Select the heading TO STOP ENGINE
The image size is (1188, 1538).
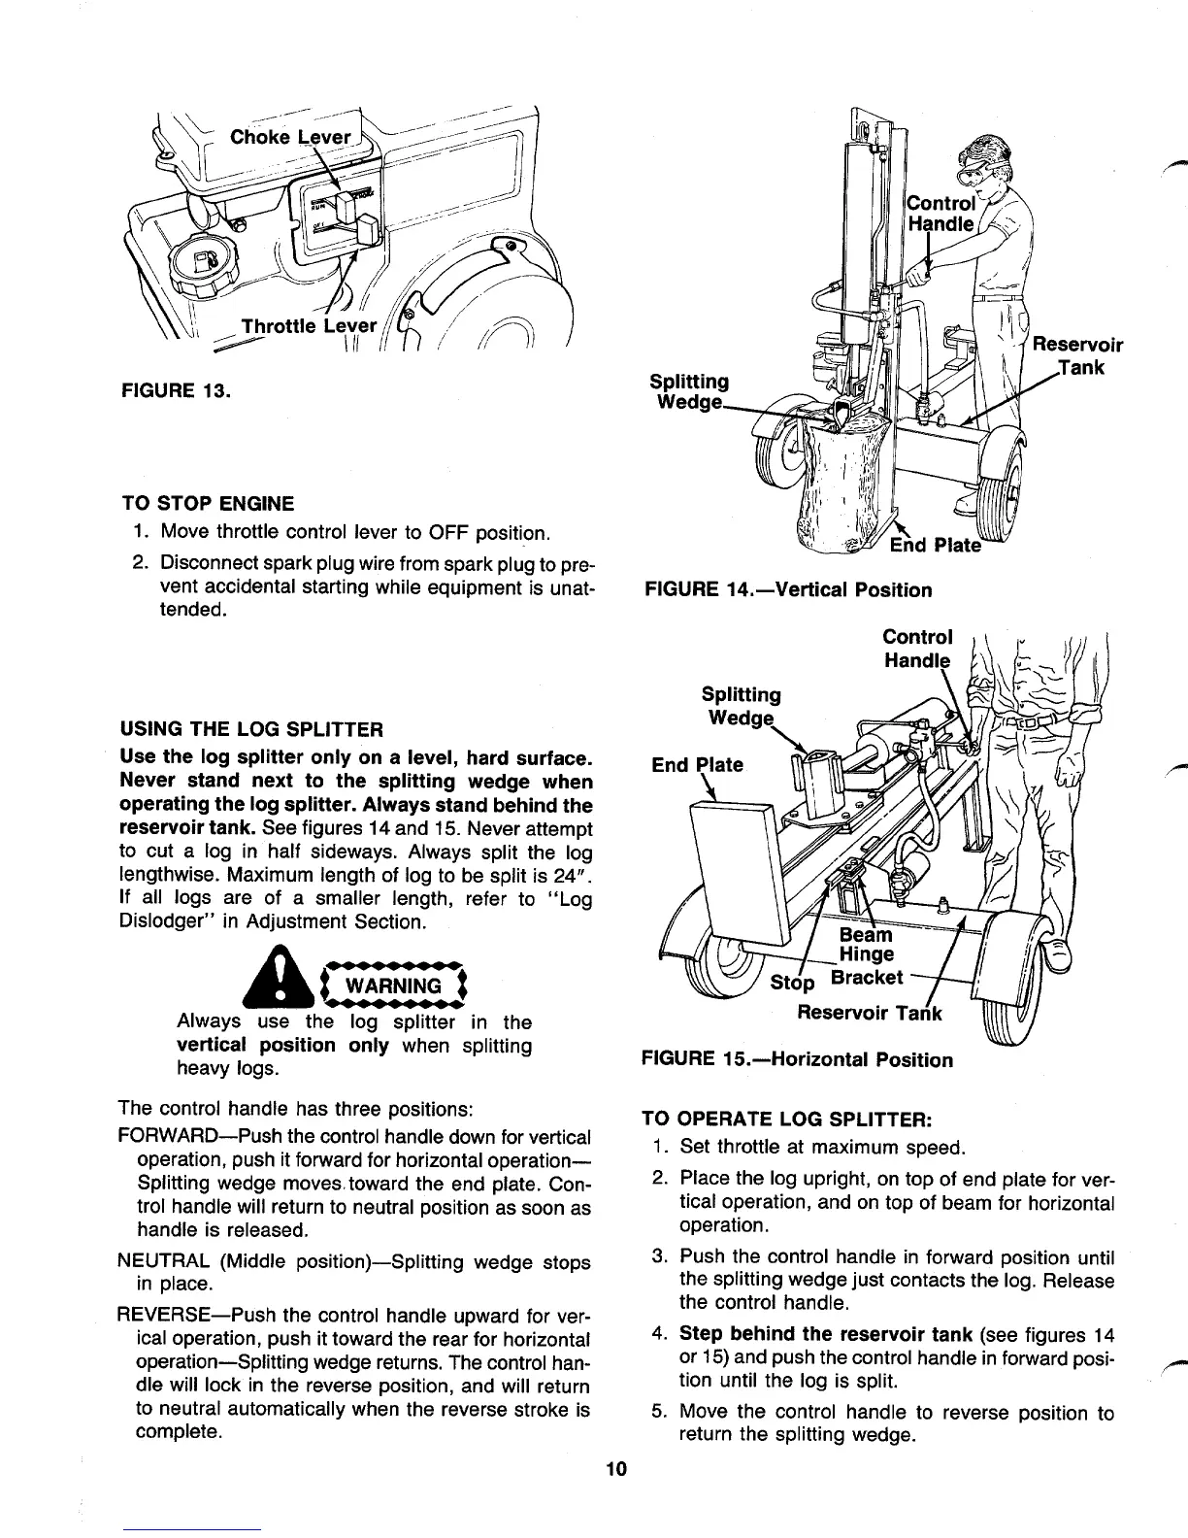(207, 503)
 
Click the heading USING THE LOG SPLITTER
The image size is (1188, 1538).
(250, 728)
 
